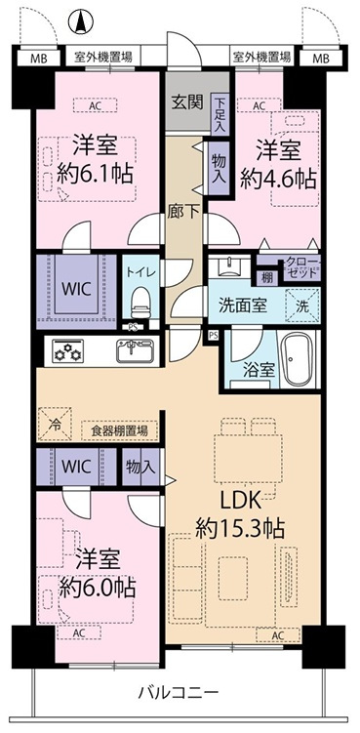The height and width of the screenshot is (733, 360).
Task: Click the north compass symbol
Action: (x=81, y=22)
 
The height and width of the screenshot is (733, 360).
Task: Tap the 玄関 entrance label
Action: (x=187, y=102)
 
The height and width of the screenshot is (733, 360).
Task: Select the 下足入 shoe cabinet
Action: (x=220, y=114)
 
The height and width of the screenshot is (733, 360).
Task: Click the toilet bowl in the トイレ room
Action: (x=140, y=302)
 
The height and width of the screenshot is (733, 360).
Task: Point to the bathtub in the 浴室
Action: (x=298, y=360)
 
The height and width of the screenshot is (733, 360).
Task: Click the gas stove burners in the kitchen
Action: (x=67, y=351)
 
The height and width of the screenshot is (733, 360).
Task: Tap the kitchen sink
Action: (x=135, y=351)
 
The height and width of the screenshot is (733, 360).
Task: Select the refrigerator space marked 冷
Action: (x=56, y=424)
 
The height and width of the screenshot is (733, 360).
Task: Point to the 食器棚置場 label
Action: (x=120, y=430)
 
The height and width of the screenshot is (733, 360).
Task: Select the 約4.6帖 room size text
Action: (x=278, y=179)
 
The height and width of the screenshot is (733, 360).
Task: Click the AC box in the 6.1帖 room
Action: (x=95, y=105)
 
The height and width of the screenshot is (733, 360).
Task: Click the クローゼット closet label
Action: (x=303, y=266)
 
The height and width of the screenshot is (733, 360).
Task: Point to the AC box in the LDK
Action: (x=278, y=635)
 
